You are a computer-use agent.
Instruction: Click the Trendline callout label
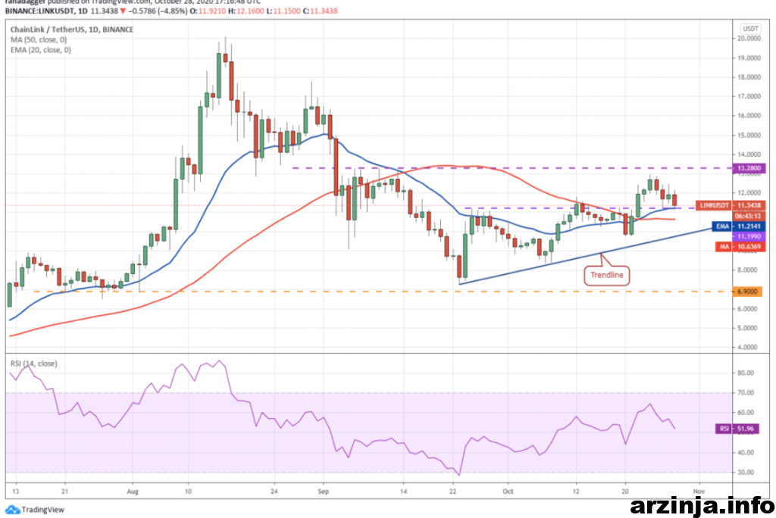coord(608,275)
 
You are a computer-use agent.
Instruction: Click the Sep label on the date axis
coord(324,491)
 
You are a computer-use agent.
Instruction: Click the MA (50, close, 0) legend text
coord(39,39)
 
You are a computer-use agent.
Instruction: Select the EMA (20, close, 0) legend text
coord(40,49)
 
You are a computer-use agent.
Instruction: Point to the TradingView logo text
coord(38,509)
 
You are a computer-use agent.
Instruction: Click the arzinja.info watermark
coord(700,503)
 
